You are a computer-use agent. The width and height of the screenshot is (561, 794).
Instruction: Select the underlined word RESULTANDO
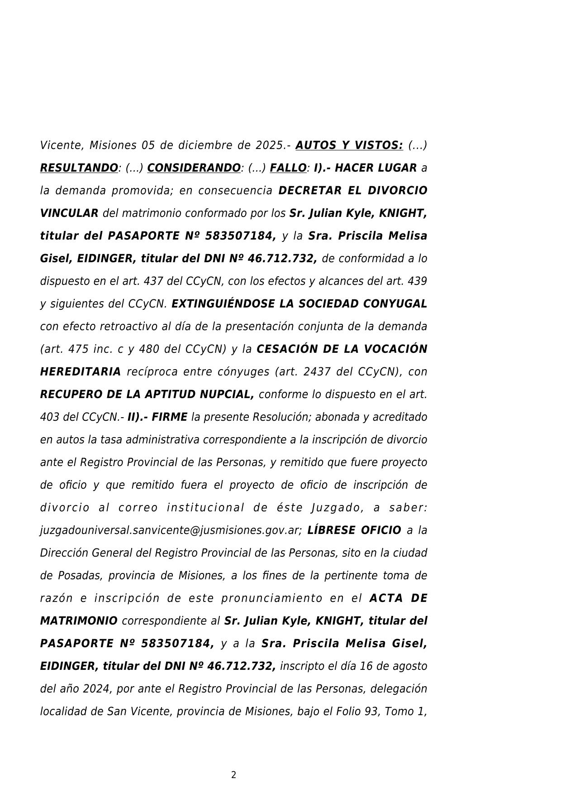tap(79, 168)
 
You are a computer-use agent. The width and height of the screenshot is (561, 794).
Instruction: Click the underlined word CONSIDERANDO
tap(194, 168)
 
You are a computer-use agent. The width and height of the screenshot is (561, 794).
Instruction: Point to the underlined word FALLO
tap(288, 168)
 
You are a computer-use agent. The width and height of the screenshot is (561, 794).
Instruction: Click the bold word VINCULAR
tap(69, 213)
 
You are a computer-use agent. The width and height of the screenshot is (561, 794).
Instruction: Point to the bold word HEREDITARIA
tap(81, 372)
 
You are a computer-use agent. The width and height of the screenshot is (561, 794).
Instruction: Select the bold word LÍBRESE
tap(332, 530)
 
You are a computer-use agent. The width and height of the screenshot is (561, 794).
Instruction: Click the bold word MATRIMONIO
tap(79, 621)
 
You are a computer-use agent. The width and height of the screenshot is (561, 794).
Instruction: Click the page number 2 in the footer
tap(233, 775)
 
